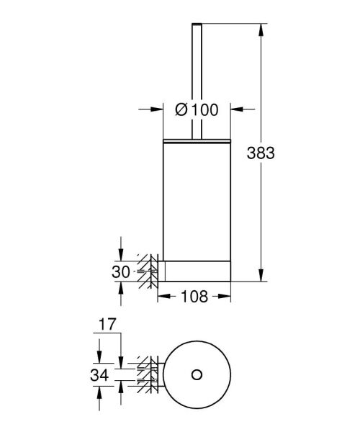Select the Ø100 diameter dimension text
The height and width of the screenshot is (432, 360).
click(x=196, y=110)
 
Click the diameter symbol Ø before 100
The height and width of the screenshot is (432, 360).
click(x=182, y=110)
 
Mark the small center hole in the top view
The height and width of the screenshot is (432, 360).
click(x=197, y=374)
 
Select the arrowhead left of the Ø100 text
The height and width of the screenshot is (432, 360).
click(x=158, y=110)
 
